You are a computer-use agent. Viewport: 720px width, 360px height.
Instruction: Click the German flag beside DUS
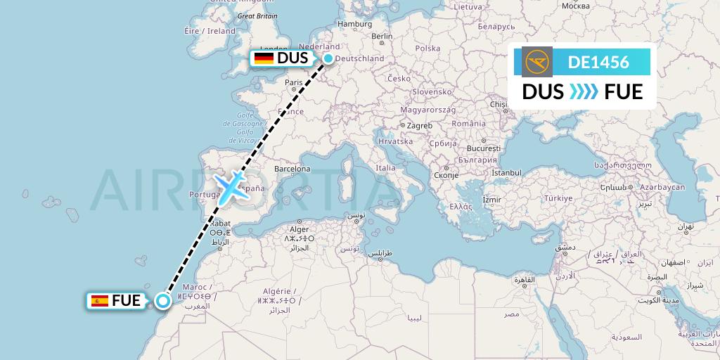click(x=264, y=58)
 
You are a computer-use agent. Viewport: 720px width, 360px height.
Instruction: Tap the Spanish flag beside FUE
click(x=100, y=302)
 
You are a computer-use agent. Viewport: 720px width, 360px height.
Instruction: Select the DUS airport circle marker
click(x=328, y=59)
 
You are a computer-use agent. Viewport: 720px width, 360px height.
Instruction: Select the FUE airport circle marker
click(x=163, y=302)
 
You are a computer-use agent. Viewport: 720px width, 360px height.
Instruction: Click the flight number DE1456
click(x=598, y=62)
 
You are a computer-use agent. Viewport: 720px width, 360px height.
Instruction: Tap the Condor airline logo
click(x=539, y=62)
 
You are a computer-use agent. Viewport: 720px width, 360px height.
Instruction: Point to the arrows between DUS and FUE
click(x=584, y=92)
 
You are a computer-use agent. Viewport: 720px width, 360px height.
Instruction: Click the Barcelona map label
click(x=292, y=169)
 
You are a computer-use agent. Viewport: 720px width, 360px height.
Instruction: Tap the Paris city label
click(x=293, y=82)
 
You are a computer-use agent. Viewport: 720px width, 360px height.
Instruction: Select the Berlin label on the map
click(x=381, y=37)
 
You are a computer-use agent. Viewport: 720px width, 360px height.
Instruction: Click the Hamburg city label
click(x=354, y=24)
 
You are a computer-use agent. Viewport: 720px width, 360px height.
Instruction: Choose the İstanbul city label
click(x=506, y=172)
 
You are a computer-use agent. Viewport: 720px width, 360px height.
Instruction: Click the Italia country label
click(x=385, y=168)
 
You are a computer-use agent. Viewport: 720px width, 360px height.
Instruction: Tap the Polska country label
click(x=427, y=49)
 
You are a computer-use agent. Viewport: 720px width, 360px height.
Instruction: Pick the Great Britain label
click(x=257, y=15)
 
